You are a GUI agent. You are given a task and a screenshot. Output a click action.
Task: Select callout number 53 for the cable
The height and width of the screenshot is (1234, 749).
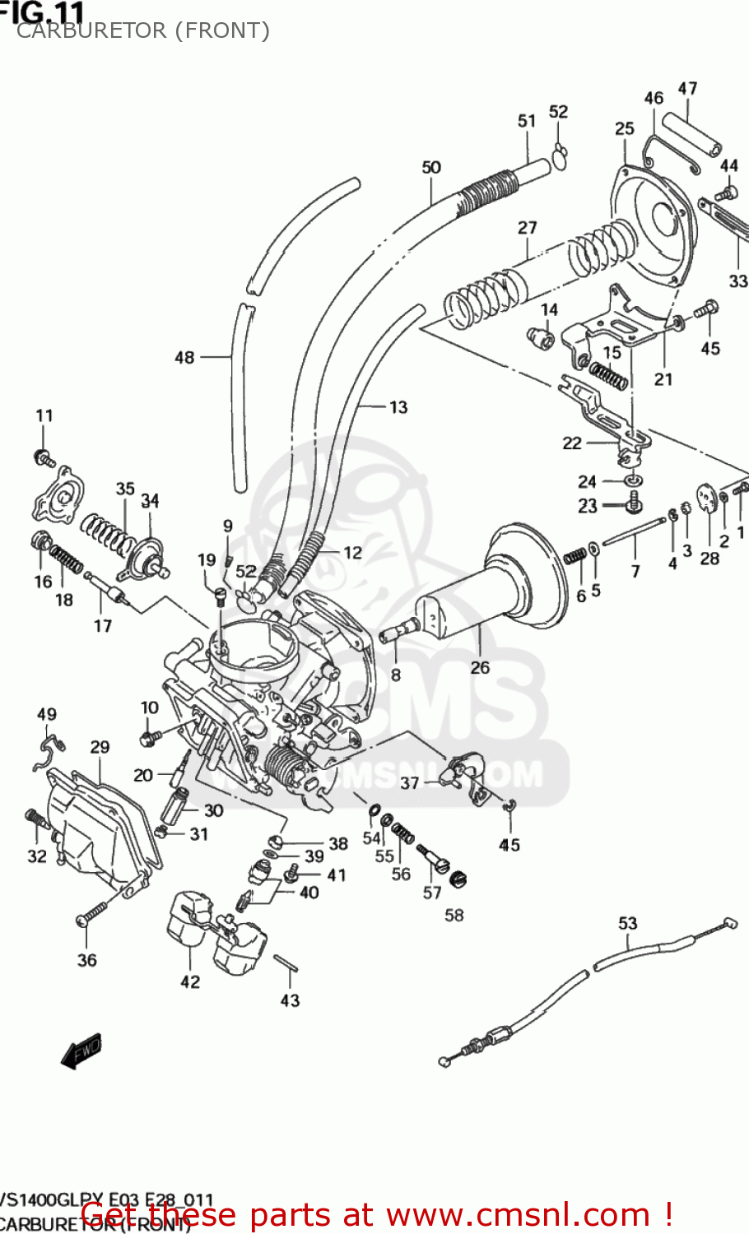[x=628, y=923]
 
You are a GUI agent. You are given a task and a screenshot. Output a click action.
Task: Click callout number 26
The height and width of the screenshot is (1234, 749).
[x=480, y=667]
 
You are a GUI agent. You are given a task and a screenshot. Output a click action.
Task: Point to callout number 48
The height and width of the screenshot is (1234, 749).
[x=184, y=357]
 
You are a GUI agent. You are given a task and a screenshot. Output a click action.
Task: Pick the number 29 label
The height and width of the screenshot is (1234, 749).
[x=100, y=747]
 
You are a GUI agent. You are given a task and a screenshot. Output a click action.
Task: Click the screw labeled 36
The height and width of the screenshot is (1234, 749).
[x=91, y=912]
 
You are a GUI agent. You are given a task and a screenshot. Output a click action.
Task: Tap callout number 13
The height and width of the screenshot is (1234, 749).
[x=398, y=406]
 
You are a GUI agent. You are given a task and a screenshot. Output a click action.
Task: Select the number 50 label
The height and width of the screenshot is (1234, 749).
[x=431, y=167]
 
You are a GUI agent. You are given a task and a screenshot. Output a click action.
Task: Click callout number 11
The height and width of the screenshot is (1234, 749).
[x=44, y=415]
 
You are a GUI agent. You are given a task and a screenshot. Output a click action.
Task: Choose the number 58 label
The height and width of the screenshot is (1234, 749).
[x=454, y=915]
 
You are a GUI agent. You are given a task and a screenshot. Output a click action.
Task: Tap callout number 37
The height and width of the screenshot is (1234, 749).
[x=409, y=783]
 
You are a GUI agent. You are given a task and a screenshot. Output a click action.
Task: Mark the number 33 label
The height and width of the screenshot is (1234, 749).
[x=738, y=281]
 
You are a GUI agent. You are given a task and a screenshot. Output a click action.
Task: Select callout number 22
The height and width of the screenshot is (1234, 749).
[x=572, y=443]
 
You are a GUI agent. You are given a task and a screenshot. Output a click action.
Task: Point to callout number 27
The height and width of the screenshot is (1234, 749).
[x=528, y=228]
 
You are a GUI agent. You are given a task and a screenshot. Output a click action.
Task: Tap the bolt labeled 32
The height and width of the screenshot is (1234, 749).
[x=35, y=819]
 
